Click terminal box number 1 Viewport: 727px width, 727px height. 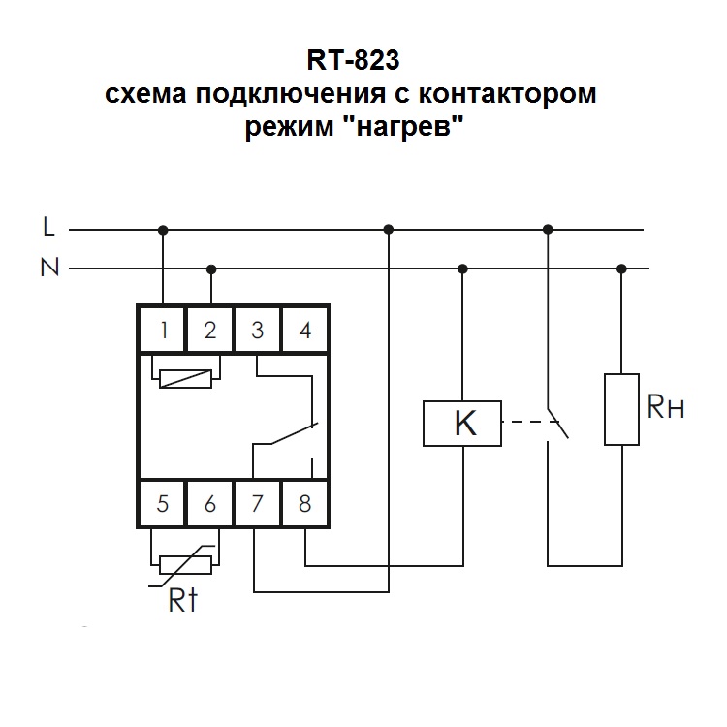[164, 331]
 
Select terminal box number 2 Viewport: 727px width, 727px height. [210, 331]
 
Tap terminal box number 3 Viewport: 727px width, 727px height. [258, 331]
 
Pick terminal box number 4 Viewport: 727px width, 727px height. [305, 331]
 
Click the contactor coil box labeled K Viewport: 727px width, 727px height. [463, 424]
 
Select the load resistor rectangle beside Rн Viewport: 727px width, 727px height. [621, 408]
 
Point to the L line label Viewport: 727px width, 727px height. [49, 227]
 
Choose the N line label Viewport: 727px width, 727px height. [49, 268]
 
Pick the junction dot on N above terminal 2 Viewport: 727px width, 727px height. [211, 269]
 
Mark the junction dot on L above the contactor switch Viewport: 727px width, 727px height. [548, 230]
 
